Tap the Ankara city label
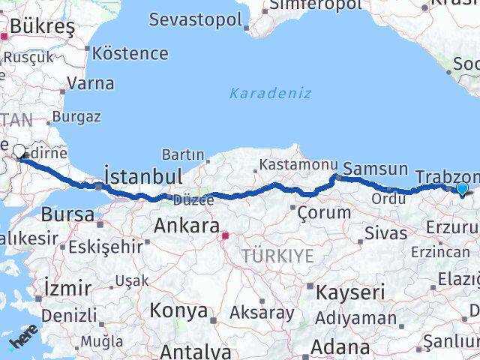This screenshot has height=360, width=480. click(187, 225)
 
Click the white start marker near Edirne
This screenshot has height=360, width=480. click(19, 152)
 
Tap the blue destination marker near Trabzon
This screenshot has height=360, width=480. click(463, 189)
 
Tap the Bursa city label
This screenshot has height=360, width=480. click(67, 214)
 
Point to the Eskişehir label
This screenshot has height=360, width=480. click(105, 246)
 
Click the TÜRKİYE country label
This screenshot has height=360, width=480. click(277, 256)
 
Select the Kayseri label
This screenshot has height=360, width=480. click(350, 292)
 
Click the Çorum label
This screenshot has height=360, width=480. click(324, 212)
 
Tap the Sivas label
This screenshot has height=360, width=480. click(387, 232)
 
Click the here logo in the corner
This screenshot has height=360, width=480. click(22, 341)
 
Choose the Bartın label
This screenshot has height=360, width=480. click(183, 154)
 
